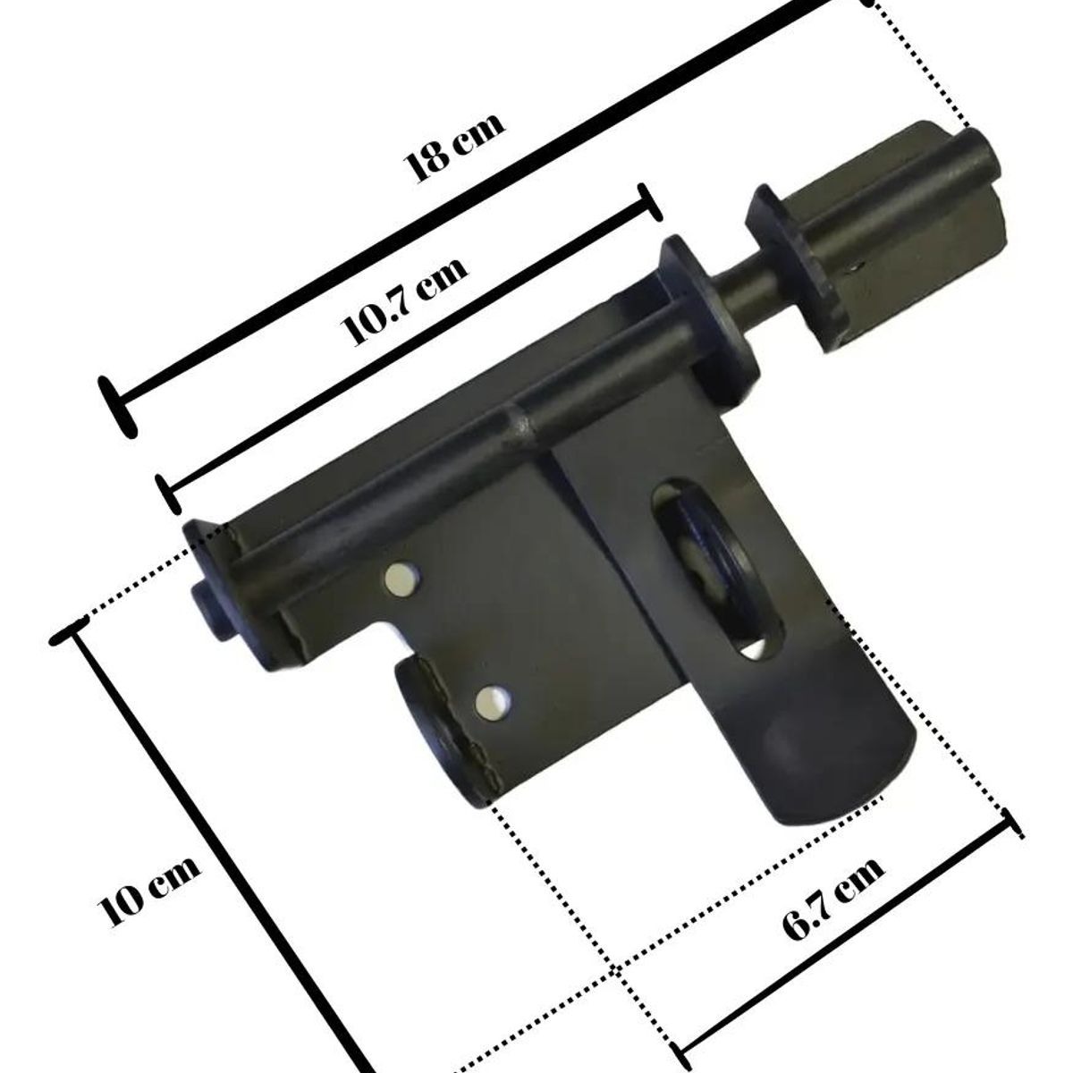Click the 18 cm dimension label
pos(455,147)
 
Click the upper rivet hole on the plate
pos(401,579)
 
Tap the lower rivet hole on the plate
pos(492,701)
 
